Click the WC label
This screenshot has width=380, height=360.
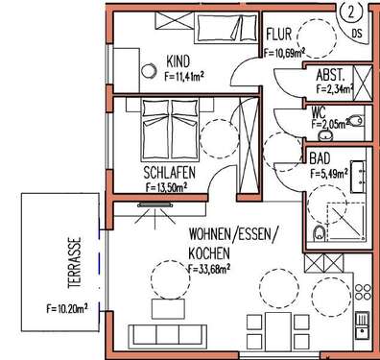coord(319,111)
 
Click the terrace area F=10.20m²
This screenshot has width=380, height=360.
coord(67,309)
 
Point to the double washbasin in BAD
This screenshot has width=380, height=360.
coord(363,170)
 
